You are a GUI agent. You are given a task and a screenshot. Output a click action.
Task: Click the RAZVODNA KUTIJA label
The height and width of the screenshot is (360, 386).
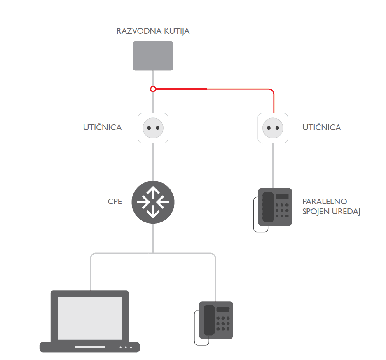[153, 31]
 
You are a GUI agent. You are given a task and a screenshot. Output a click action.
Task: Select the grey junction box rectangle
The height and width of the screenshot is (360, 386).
[153, 56]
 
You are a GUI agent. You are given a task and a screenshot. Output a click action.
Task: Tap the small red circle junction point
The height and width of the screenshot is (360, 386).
[153, 89]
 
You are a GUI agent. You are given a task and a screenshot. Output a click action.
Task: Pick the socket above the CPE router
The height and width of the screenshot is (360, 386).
[153, 128]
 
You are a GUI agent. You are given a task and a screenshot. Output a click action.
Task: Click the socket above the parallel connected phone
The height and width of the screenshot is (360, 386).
[273, 128]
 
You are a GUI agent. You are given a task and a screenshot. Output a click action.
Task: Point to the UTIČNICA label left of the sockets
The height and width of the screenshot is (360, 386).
[103, 128]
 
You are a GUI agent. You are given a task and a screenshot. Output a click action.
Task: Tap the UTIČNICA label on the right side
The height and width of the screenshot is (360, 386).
[322, 128]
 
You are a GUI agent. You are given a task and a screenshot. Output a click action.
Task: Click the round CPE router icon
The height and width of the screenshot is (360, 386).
[153, 202]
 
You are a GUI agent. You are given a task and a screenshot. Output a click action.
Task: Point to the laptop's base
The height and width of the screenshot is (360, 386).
[90, 347]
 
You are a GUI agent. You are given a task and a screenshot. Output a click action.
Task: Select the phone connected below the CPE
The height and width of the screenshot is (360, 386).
[215, 320]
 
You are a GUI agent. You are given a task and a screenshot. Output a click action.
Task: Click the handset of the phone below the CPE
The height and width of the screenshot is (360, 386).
[209, 320]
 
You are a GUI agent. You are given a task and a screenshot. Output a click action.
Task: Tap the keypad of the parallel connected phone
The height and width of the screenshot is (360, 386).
[282, 210]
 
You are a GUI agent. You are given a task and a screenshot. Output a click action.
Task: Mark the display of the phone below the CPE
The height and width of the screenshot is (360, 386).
[223, 309]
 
